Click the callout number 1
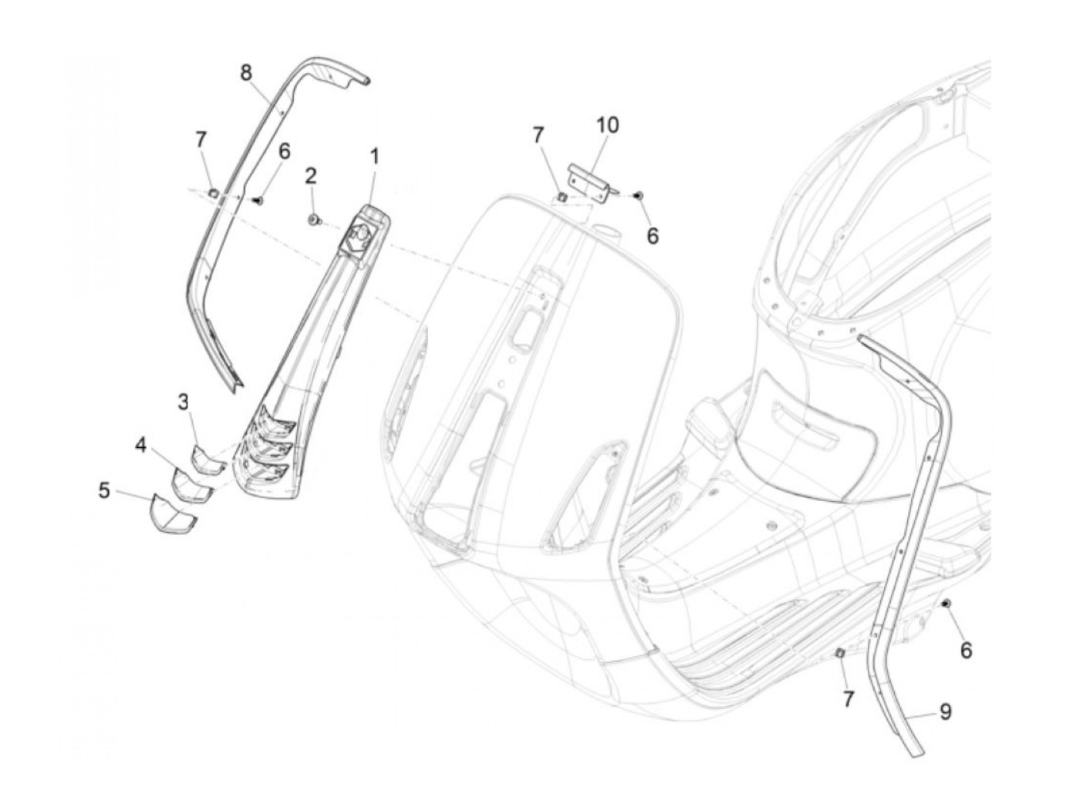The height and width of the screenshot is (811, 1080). pos(374,157)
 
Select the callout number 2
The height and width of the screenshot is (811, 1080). pos(311,176)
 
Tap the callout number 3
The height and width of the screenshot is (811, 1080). pos(184,402)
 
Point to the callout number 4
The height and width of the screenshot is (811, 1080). pos(140,445)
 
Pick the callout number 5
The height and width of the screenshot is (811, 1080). pos(104,490)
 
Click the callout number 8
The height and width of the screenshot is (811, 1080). pos(245,73)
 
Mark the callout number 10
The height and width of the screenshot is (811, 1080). pos(607,125)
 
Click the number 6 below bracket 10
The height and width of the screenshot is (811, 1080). pos(653,236)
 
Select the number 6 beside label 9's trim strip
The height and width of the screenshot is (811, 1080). pos(966,651)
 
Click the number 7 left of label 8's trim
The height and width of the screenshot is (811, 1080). pos(201,140)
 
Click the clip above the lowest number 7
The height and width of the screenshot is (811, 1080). pos(842,654)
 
